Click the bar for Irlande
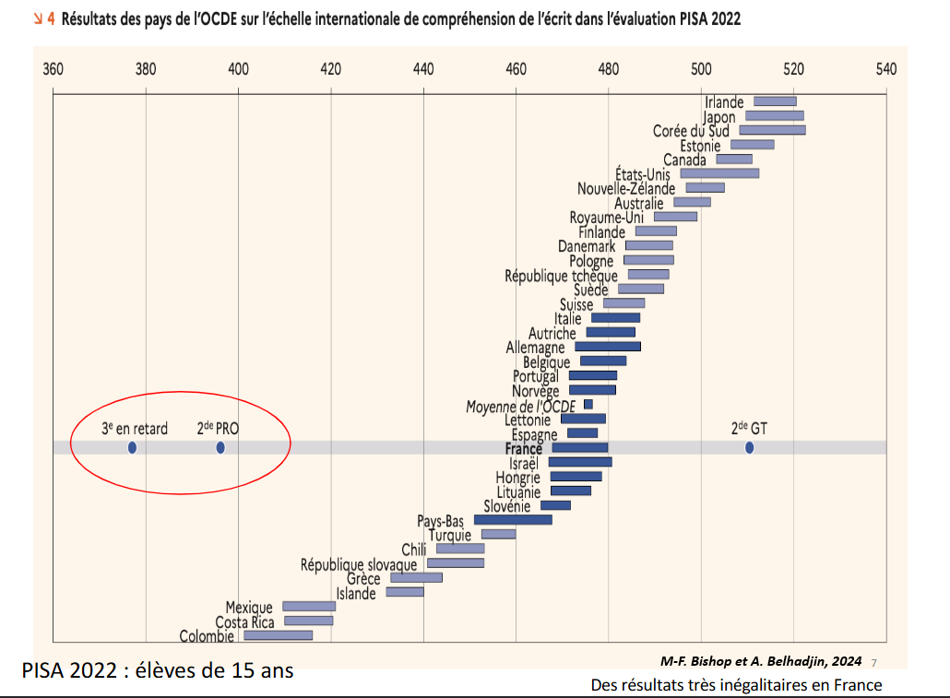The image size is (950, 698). click(775, 101)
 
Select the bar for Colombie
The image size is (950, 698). click(278, 635)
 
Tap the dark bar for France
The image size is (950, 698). click(580, 448)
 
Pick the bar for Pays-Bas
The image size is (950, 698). click(513, 520)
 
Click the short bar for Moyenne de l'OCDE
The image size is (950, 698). click(588, 405)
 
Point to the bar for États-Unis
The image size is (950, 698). click(719, 173)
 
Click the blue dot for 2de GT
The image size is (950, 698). click(749, 448)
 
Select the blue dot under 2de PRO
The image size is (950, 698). click(220, 448)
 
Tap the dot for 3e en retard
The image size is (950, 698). click(132, 448)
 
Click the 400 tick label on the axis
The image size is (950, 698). click(238, 69)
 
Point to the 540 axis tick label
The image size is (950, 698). click(885, 69)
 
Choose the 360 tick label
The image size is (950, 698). click(53, 69)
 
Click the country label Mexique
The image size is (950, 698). click(249, 608)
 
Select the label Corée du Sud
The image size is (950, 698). click(691, 131)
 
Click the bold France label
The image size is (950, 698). click(524, 449)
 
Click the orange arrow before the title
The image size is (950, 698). click(39, 18)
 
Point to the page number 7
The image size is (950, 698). click(873, 661)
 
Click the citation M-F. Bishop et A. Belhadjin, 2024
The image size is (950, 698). click(761, 661)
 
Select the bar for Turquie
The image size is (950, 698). click(499, 534)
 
